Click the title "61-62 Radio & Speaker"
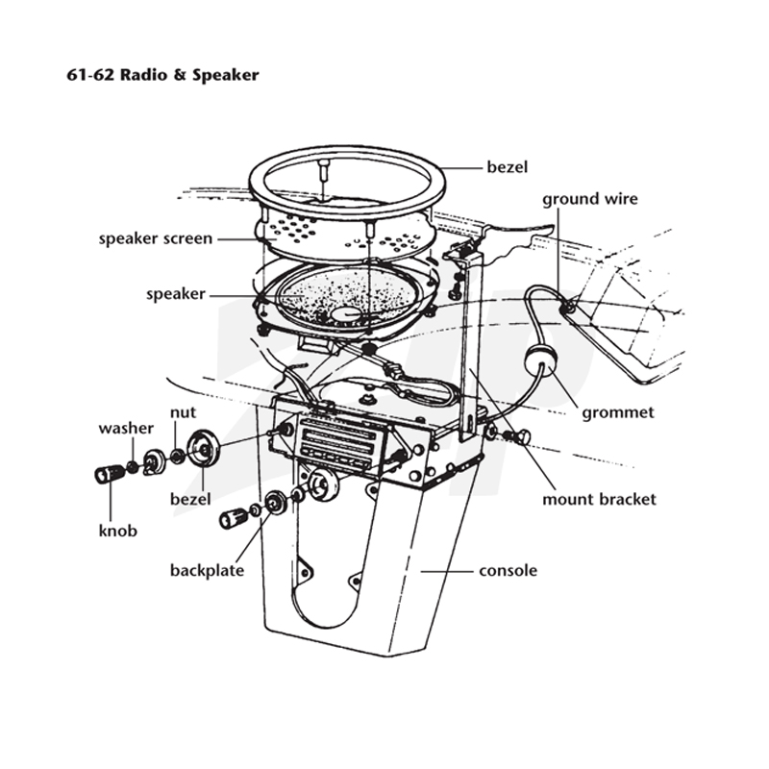[162, 75]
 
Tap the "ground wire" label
[590, 200]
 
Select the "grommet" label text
[618, 413]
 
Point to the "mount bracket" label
[599, 499]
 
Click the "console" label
[509, 571]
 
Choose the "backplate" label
[207, 570]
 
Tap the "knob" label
[117, 531]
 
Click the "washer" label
[126, 428]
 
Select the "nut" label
[183, 412]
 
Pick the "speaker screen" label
[156, 238]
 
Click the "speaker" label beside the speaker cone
[176, 294]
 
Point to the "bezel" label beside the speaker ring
[508, 167]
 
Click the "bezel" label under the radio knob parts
[190, 499]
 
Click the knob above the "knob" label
[109, 474]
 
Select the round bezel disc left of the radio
[203, 448]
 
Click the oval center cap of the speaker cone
[347, 314]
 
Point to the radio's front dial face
[338, 442]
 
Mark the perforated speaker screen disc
[343, 236]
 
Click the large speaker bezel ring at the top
[347, 150]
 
